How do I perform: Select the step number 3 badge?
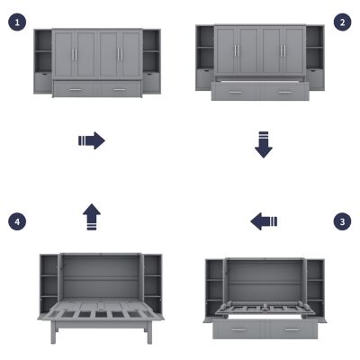click(341, 220)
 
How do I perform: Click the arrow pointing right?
click(92, 140)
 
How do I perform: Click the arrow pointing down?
click(263, 145)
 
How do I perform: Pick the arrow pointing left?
click(264, 220)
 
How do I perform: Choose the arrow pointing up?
click(92, 217)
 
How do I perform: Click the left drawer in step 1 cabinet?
click(75, 88)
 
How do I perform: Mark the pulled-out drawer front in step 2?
click(261, 92)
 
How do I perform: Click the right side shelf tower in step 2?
click(315, 57)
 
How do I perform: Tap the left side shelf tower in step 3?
click(214, 288)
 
